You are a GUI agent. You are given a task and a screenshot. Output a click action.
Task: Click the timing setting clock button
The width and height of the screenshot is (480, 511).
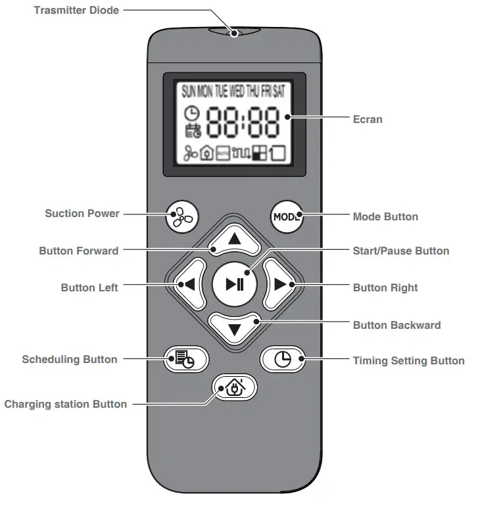tap(283, 359)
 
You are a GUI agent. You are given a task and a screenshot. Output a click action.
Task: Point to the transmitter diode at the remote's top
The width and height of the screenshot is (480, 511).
tap(234, 31)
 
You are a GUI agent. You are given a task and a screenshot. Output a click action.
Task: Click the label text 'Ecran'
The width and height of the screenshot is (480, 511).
tap(367, 120)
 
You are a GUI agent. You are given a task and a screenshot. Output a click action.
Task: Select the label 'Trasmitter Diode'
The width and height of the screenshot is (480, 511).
tap(76, 11)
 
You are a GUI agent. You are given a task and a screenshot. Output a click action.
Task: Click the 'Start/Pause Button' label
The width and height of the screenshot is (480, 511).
tap(401, 251)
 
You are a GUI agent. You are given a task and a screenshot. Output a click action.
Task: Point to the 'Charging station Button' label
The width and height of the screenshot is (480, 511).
tap(66, 404)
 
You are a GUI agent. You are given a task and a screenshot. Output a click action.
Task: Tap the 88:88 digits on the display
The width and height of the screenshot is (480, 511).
tap(243, 123)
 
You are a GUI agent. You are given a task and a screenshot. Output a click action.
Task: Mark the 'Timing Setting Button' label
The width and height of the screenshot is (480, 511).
tap(408, 360)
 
